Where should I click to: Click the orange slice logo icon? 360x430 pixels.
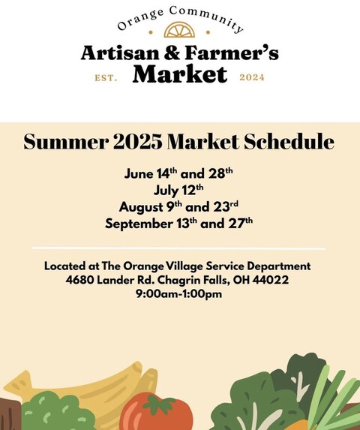179,30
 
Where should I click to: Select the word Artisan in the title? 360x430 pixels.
120,53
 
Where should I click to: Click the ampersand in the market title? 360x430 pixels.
172,53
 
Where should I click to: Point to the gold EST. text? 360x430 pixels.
106,78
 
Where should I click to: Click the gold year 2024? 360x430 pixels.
252,77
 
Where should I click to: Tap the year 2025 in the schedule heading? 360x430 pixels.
137,142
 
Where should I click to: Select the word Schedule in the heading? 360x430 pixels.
289,141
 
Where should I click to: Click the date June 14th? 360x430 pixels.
151,173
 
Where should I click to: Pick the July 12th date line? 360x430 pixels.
178,190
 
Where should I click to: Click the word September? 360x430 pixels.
139,224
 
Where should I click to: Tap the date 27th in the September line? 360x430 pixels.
240,223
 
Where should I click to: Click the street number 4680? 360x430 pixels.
79,280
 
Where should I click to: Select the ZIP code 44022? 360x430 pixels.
271,280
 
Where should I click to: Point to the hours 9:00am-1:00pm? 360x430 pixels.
179,294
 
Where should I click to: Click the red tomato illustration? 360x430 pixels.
157,411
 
